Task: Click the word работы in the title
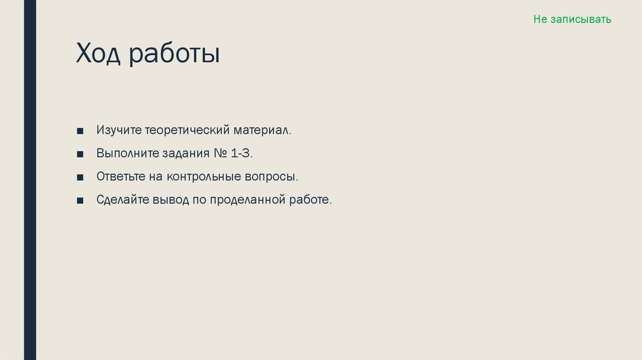point(175,55)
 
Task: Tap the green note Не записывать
point(572,19)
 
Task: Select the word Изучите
point(118,131)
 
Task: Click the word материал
point(263,131)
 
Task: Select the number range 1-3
point(243,154)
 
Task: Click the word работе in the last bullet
point(310,200)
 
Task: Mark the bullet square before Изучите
point(80,132)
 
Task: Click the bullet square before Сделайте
point(80,201)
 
